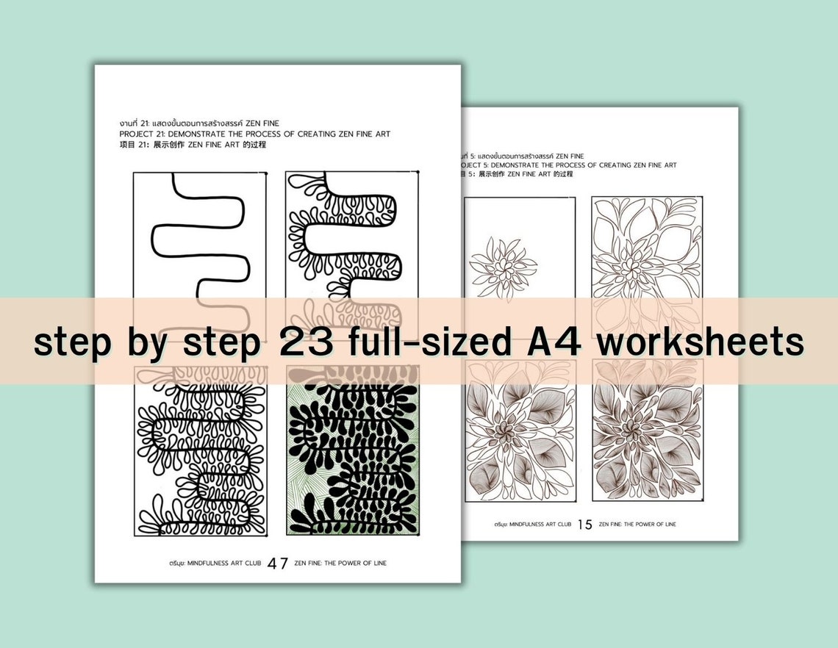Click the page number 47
278,564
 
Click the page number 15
585,525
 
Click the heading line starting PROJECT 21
254,134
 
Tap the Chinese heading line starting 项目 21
192,145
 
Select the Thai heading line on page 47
198,123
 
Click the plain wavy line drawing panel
199,235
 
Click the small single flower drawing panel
520,250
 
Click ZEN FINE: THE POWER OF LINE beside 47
340,564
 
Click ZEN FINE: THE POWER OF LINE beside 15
637,525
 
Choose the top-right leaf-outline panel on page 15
647,250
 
